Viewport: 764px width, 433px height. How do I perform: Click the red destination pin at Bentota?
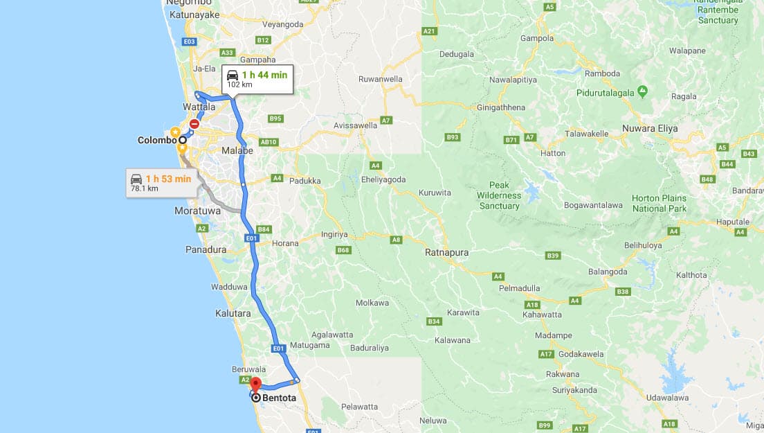tap(255, 385)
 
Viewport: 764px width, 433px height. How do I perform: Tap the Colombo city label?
tap(157, 140)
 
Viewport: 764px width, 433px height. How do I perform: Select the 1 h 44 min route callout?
tap(257, 79)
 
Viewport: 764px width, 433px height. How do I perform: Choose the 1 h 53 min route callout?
tap(161, 183)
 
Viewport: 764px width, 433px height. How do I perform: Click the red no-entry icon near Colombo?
tap(194, 124)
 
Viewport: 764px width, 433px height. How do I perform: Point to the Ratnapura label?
tap(446, 253)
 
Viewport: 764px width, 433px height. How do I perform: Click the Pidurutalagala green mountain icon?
tap(643, 91)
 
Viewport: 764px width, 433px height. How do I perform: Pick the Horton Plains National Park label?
tap(660, 203)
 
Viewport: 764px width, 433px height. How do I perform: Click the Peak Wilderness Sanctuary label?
tap(499, 195)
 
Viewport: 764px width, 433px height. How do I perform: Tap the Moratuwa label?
tap(197, 210)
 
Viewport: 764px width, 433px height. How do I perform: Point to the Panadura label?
tap(206, 249)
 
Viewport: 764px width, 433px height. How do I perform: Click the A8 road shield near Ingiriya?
tap(396, 240)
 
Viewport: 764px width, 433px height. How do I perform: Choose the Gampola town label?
tap(537, 38)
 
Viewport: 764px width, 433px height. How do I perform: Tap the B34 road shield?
tap(434, 321)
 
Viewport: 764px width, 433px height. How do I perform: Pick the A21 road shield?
tap(430, 31)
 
